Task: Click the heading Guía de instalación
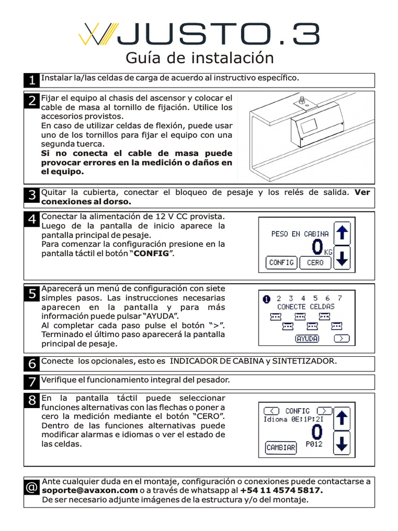click(x=200, y=58)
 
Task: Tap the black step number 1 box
click(x=32, y=80)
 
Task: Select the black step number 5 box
click(x=32, y=294)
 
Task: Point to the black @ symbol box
click(x=32, y=487)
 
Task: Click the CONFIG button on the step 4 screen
click(x=281, y=262)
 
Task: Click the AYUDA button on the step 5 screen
click(x=307, y=339)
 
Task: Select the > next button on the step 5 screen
click(x=341, y=339)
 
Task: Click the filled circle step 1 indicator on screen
click(x=267, y=298)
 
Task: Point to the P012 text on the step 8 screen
click(x=315, y=444)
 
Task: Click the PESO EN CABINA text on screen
click(x=300, y=234)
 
